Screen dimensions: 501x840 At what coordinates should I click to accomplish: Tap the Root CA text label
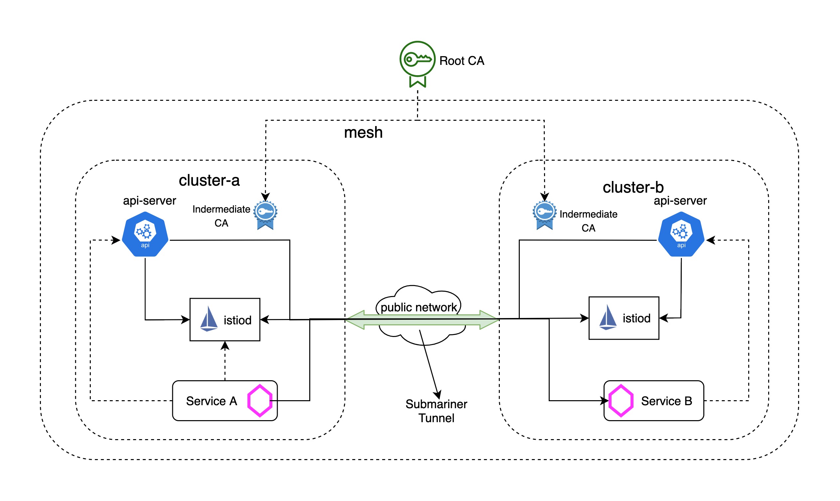pyautogui.click(x=462, y=61)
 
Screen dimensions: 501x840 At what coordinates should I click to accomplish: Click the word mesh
pyautogui.click(x=363, y=133)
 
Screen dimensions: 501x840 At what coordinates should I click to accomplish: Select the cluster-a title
pyautogui.click(x=209, y=181)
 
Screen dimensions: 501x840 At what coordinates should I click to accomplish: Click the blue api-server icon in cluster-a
pyautogui.click(x=145, y=234)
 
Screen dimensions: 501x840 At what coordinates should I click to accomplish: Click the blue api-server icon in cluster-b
pyautogui.click(x=681, y=234)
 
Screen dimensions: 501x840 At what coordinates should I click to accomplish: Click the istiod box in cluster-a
pyautogui.click(x=225, y=320)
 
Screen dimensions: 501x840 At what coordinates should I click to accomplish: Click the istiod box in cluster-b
pyautogui.click(x=624, y=318)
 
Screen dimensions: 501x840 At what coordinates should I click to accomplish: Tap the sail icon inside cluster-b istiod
pyautogui.click(x=608, y=317)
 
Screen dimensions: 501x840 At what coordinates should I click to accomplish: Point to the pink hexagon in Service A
pyautogui.click(x=259, y=401)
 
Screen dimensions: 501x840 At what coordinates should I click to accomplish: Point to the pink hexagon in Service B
pyautogui.click(x=621, y=401)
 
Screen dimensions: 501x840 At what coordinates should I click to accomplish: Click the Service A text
pyautogui.click(x=211, y=401)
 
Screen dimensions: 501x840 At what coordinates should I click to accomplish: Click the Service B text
pyautogui.click(x=666, y=401)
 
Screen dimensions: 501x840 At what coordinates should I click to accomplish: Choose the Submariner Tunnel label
pyautogui.click(x=436, y=411)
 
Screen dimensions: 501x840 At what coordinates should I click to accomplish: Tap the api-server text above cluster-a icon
pyautogui.click(x=150, y=201)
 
